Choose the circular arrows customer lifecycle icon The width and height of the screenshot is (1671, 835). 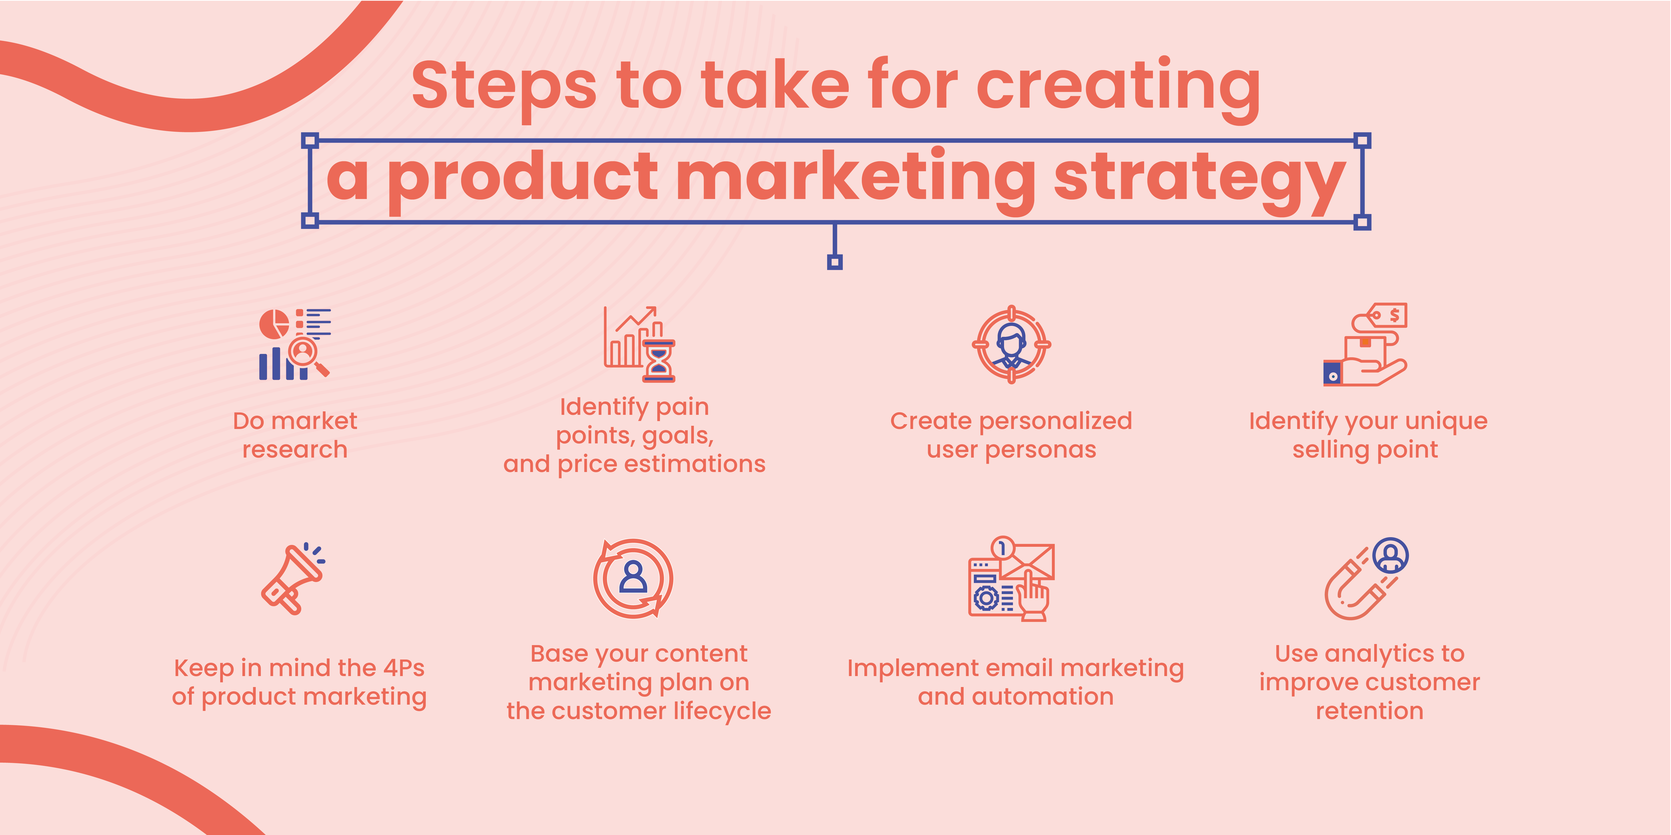pyautogui.click(x=633, y=578)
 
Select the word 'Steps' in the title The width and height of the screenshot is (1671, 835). pyautogui.click(x=503, y=86)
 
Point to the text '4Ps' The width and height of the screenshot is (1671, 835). pyautogui.click(x=403, y=668)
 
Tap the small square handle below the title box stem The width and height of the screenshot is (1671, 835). pyautogui.click(x=835, y=262)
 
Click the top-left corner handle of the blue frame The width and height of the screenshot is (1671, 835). pyautogui.click(x=310, y=140)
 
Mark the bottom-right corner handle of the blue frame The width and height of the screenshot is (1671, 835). pyautogui.click(x=1362, y=222)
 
